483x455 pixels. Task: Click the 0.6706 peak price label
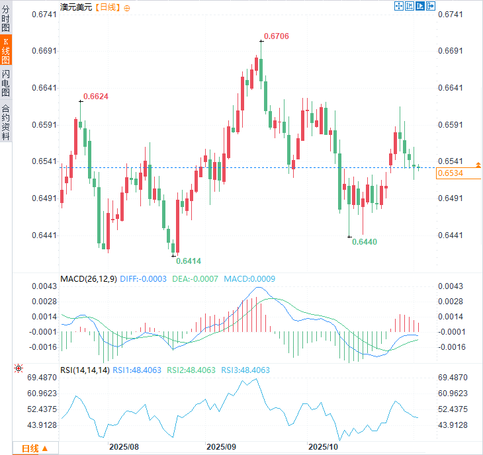tap(277, 36)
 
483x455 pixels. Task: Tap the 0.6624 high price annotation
tap(95, 96)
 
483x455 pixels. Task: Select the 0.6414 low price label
tap(189, 261)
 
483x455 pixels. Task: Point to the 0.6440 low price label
tap(365, 242)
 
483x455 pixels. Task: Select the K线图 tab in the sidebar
tap(6, 50)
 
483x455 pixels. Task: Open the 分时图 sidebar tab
tap(6, 18)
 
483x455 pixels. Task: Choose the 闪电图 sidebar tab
tap(6, 83)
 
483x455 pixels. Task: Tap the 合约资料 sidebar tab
tap(6, 122)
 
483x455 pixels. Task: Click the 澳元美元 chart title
tap(75, 7)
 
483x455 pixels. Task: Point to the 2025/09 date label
tap(221, 447)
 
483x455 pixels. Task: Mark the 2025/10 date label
tap(324, 447)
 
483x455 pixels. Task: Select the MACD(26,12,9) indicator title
tap(88, 279)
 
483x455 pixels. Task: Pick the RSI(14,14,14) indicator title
tap(85, 370)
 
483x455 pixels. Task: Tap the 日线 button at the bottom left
tap(34, 448)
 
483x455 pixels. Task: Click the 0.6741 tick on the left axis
tap(44, 14)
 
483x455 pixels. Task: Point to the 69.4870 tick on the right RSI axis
tap(453, 378)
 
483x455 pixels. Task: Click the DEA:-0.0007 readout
tap(196, 279)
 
